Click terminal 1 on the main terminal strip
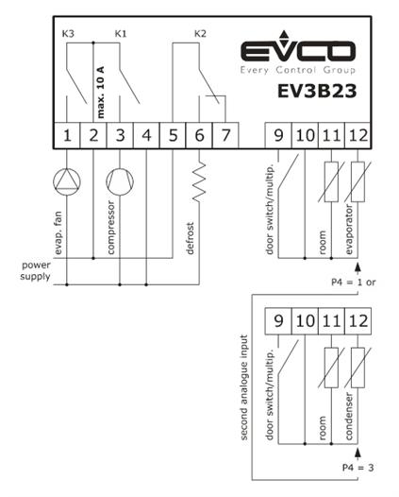pos(67,135)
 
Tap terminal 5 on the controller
pos(173,135)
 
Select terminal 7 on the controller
pos(225,135)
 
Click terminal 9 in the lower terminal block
pos(278,321)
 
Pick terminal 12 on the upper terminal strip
pos(357,135)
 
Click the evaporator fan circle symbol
pos(67,182)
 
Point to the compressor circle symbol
pos(120,182)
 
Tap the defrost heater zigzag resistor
pos(199,182)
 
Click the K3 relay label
pos(68,33)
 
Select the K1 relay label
pos(121,33)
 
